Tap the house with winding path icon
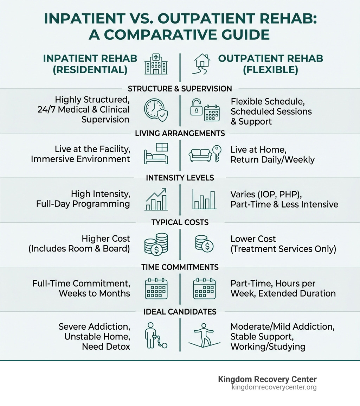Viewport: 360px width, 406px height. click(x=201, y=64)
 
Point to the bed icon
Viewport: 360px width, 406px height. click(x=156, y=154)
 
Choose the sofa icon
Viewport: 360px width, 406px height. click(x=200, y=154)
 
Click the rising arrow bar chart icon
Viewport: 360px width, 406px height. click(x=156, y=199)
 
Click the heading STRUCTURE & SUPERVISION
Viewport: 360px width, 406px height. click(x=180, y=89)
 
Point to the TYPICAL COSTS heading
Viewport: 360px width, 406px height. click(x=180, y=222)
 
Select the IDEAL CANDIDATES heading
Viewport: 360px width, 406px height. click(x=180, y=312)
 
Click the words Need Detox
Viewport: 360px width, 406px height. click(x=106, y=347)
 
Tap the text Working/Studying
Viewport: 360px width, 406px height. click(x=268, y=347)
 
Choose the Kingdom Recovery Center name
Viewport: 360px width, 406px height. click(x=267, y=379)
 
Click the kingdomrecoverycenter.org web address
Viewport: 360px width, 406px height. click(x=274, y=387)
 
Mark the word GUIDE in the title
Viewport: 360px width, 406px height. click(x=239, y=34)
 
